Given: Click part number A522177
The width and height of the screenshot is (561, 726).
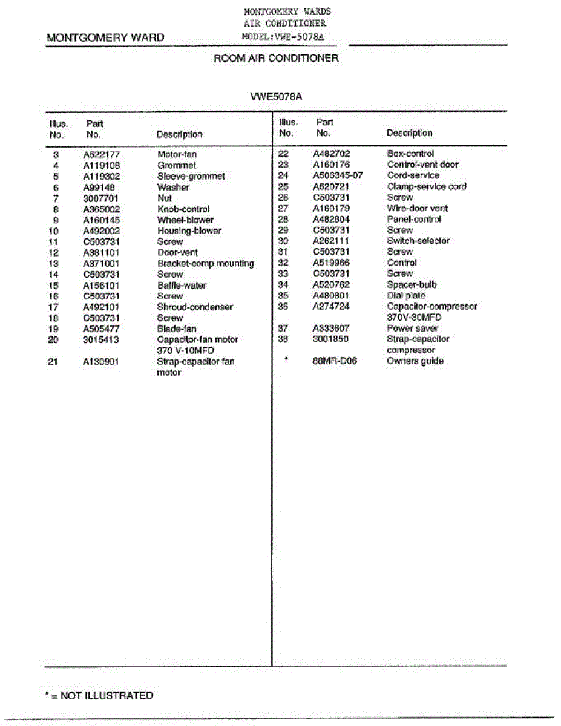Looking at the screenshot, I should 101,154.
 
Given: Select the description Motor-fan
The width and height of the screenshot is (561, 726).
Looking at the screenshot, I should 177,154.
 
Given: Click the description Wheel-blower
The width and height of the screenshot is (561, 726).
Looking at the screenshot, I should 185,220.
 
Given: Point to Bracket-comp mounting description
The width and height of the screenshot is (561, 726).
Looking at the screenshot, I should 206,263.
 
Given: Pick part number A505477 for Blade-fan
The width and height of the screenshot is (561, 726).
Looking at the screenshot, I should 101,329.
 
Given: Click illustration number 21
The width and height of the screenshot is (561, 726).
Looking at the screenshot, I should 55,362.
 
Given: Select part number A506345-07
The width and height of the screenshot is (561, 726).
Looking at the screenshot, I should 338,175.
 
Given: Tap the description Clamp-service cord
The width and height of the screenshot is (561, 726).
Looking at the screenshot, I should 427,186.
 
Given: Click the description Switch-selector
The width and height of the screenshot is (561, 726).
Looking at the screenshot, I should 418,241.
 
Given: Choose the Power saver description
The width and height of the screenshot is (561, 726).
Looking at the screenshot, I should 412,328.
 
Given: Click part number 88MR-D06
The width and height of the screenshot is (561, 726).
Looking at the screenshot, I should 335,361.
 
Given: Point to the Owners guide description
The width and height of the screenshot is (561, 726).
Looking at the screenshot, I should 415,361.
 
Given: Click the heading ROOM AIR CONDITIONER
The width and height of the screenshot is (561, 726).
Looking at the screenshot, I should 276,59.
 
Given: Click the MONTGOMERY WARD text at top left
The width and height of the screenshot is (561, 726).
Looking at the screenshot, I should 105,38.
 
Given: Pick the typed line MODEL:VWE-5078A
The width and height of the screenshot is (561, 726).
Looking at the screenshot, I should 287,36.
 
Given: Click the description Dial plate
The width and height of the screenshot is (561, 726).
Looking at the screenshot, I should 406,295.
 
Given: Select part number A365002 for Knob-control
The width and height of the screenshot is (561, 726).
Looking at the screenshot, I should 101,209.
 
